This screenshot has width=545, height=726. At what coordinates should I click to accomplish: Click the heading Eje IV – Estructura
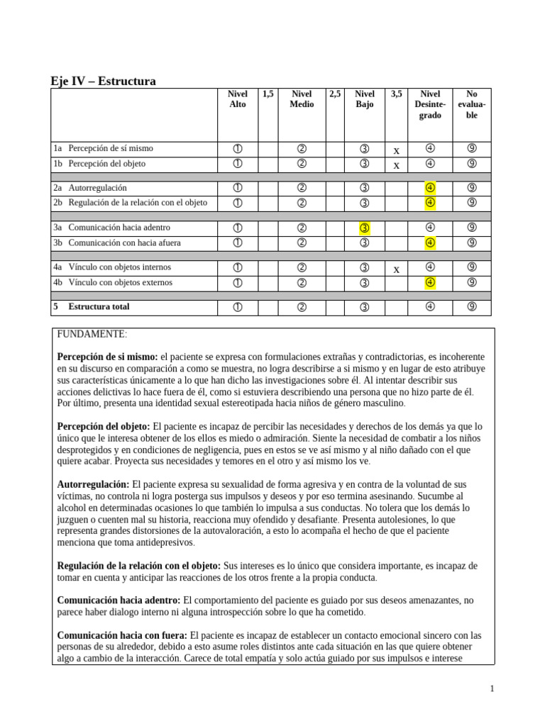[104, 82]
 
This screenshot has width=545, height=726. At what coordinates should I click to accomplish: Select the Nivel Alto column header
[237, 99]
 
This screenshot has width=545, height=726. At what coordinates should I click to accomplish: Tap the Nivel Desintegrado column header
[430, 104]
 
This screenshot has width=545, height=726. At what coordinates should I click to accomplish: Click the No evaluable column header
[472, 104]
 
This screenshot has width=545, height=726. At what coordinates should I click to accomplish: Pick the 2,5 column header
[335, 94]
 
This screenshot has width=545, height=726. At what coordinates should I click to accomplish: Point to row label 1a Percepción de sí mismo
[104, 149]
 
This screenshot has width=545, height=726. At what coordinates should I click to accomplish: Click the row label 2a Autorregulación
[90, 189]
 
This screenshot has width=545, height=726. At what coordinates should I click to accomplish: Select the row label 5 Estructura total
[92, 308]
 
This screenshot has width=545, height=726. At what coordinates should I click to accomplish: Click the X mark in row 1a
[397, 150]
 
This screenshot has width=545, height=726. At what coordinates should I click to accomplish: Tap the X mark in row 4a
[397, 269]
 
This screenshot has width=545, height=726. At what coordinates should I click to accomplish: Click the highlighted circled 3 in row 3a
[365, 228]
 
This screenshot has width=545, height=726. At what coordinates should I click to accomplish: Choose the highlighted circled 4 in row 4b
[430, 283]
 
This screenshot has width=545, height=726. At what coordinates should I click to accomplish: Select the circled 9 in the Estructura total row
[472, 308]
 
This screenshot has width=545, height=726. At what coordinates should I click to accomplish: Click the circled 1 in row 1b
[237, 164]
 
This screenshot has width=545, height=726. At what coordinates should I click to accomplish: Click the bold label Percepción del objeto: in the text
[103, 426]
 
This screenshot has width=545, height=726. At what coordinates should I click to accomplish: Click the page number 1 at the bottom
[492, 688]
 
